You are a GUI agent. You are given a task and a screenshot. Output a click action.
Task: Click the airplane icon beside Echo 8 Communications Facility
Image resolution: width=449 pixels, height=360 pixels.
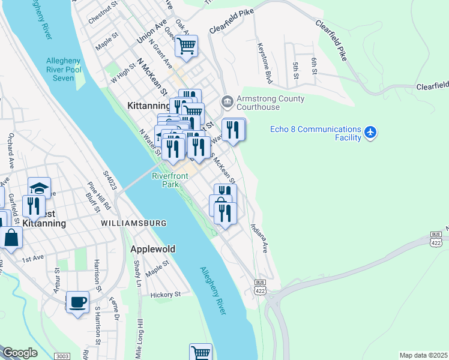372,132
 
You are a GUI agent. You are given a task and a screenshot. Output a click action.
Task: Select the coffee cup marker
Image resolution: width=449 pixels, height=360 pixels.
76,302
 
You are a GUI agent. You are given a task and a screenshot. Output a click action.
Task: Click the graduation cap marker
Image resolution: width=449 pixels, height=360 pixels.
39,188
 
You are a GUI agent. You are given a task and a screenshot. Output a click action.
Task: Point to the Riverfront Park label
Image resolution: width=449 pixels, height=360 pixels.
170,180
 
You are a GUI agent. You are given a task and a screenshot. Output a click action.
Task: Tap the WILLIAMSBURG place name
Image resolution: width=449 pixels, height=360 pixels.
134,223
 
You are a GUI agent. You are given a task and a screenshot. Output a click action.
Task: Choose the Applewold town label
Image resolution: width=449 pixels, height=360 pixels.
153,248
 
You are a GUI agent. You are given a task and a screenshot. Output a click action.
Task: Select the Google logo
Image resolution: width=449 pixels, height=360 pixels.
20,353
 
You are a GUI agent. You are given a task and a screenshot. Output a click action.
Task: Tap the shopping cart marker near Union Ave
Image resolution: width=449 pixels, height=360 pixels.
186,46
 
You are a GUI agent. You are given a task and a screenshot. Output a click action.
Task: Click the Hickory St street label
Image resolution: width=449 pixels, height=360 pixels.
166,295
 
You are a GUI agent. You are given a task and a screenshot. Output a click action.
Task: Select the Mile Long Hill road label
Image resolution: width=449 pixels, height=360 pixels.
140,341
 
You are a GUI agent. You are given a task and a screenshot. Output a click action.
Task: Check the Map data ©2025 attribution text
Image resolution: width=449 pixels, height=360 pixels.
423,355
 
